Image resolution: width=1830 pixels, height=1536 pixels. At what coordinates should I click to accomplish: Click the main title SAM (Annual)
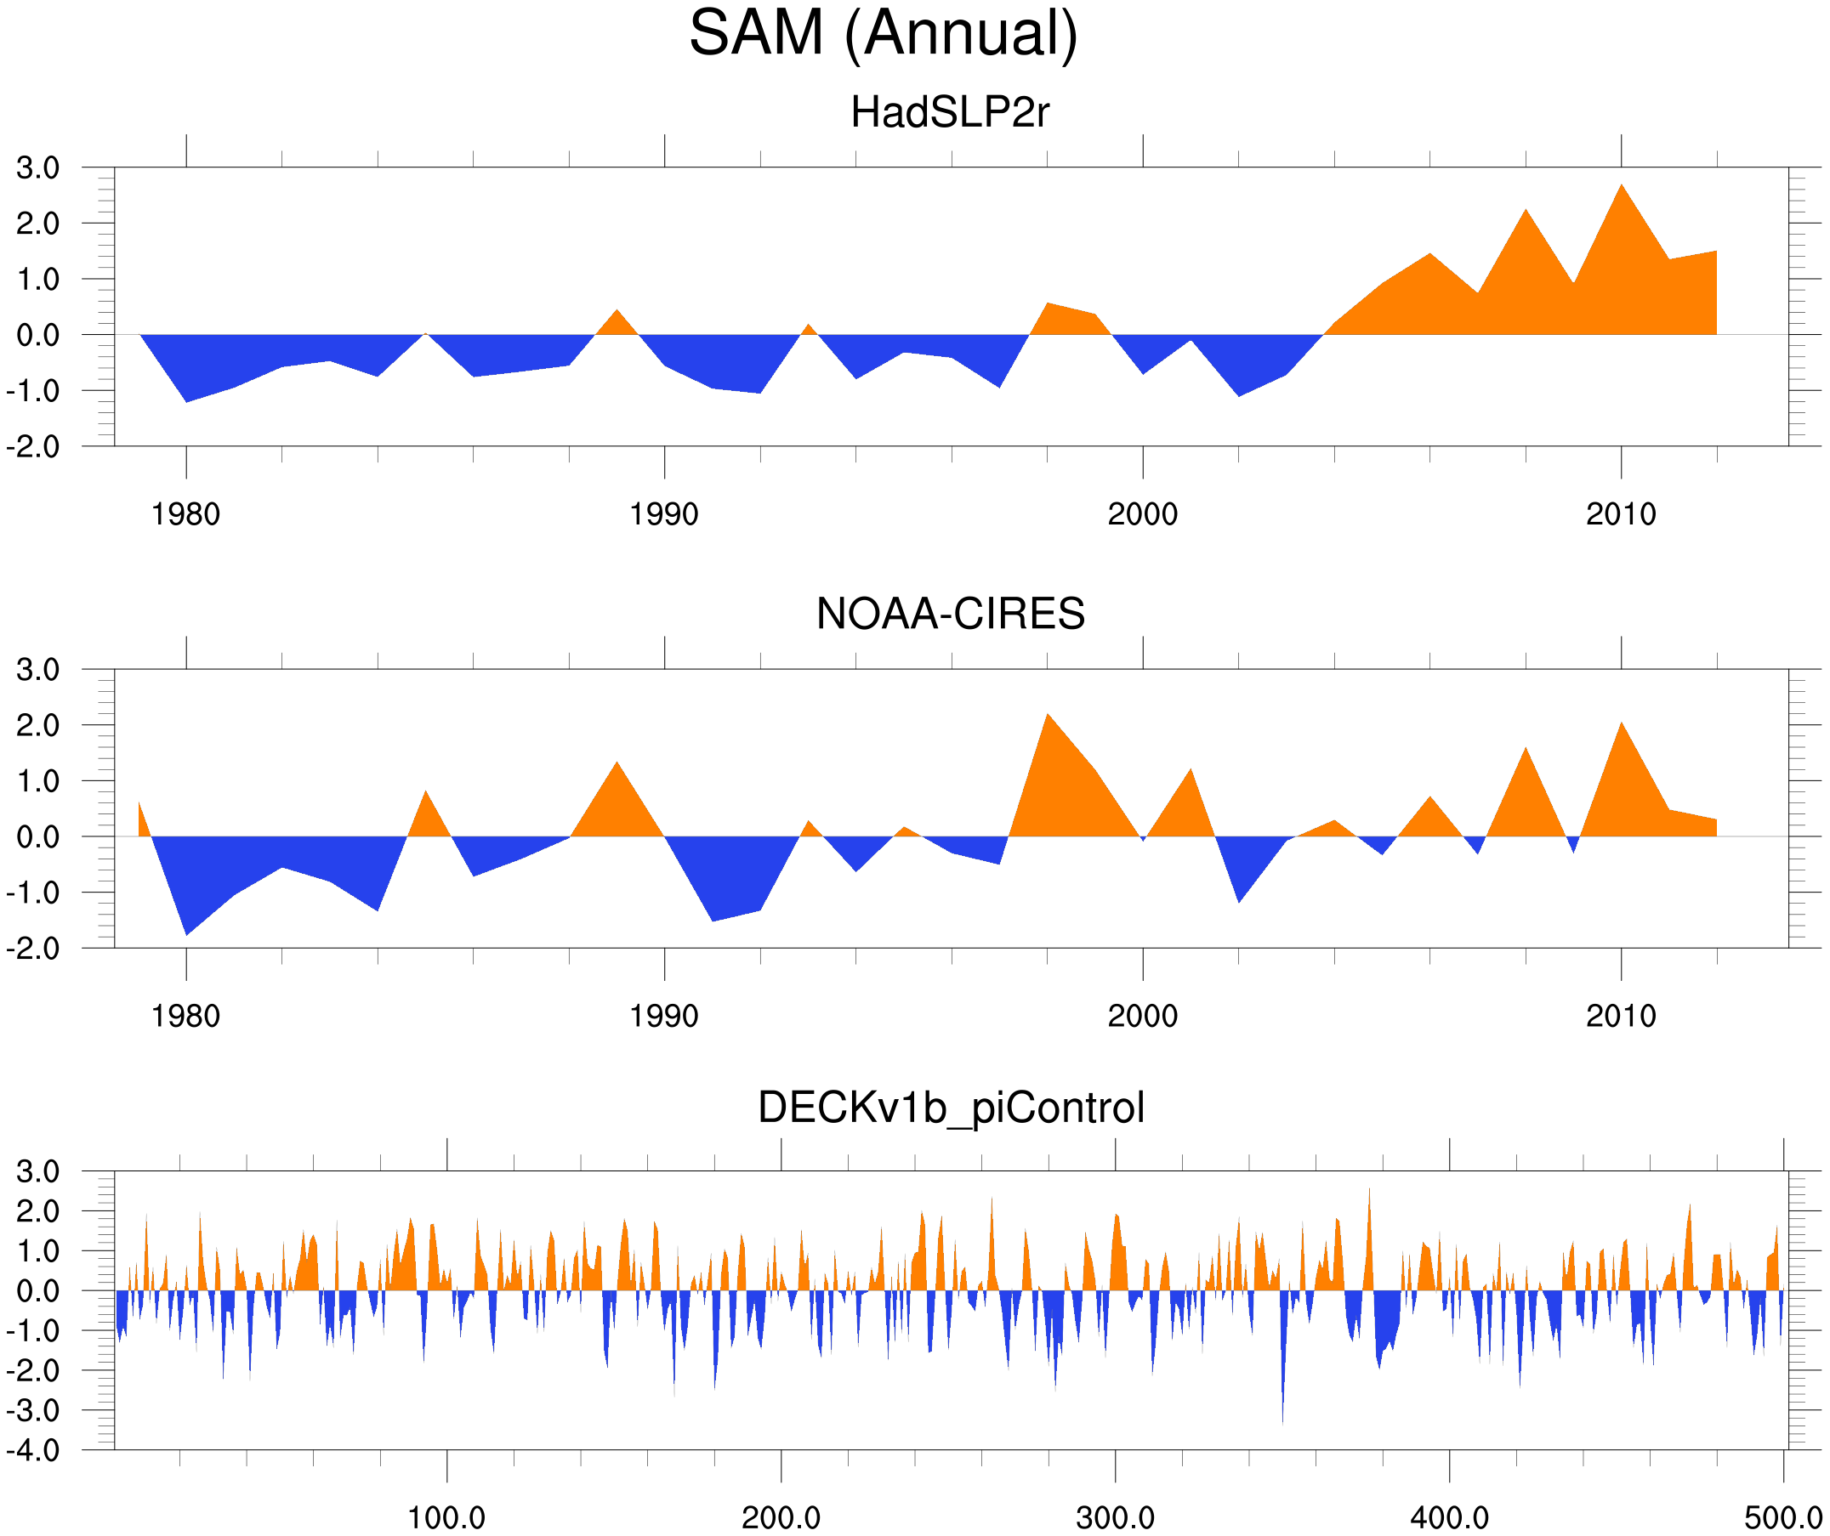pyautogui.click(x=883, y=33)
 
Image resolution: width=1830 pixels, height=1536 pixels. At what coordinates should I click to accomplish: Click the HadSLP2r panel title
pyautogui.click(x=950, y=112)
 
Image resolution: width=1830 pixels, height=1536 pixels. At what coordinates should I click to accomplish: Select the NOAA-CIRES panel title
pyautogui.click(x=950, y=615)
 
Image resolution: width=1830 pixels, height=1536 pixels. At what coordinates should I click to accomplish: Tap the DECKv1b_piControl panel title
pyautogui.click(x=951, y=1108)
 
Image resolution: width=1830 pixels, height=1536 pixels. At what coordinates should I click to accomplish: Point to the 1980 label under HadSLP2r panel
pyautogui.click(x=185, y=515)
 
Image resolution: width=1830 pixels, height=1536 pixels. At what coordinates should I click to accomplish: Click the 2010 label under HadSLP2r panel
pyautogui.click(x=1620, y=515)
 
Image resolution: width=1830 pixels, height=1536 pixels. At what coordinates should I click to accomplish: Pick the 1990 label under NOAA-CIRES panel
pyautogui.click(x=664, y=1017)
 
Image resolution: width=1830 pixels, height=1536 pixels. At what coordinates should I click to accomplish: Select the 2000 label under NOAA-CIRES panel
pyautogui.click(x=1142, y=1017)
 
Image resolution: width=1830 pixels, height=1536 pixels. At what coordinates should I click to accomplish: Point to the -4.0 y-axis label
pyautogui.click(x=33, y=1451)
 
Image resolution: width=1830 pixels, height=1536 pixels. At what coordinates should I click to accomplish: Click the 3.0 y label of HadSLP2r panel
pyautogui.click(x=37, y=168)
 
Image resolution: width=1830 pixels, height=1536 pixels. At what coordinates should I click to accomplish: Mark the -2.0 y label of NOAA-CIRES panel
pyautogui.click(x=33, y=949)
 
